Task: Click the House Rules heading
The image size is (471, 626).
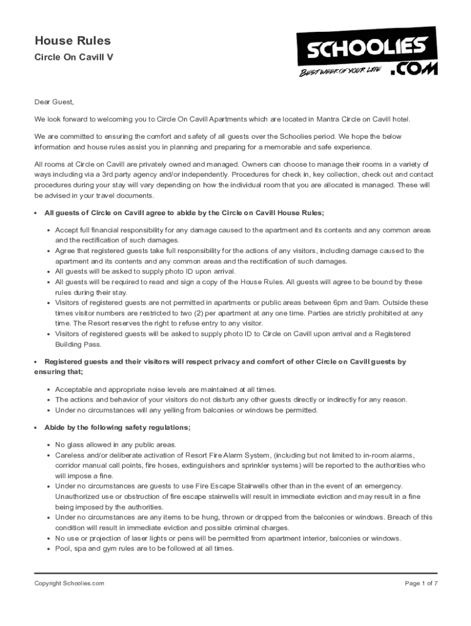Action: point(72,41)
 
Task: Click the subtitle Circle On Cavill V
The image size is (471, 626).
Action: point(73,57)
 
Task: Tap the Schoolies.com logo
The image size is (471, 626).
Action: point(367,52)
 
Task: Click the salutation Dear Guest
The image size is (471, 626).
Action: point(54,102)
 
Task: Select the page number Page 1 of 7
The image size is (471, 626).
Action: point(421,583)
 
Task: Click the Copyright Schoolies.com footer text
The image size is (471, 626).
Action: point(69,583)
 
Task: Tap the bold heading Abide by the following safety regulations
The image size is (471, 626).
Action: point(117,427)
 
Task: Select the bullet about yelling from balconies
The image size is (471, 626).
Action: point(187,410)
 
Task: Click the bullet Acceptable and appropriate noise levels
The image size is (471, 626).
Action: point(165,389)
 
